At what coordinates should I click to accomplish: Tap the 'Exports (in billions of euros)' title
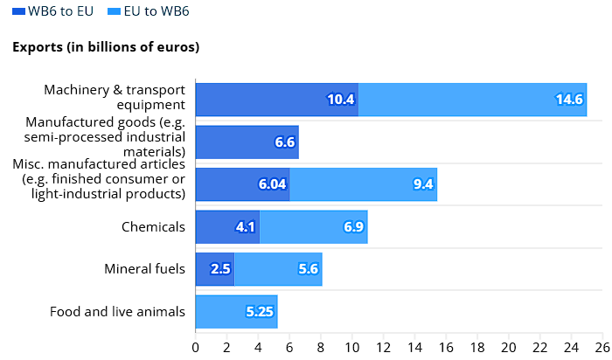[x=106, y=46]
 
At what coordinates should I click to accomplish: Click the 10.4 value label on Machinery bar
[x=341, y=100]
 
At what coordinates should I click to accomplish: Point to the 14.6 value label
[x=568, y=100]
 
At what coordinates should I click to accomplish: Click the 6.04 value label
[x=273, y=184]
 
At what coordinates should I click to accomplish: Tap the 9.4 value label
[x=423, y=184]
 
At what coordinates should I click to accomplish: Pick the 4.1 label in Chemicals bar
[x=246, y=227]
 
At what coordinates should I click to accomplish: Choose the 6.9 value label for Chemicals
[x=354, y=227]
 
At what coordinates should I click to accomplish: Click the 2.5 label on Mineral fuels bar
[x=220, y=269]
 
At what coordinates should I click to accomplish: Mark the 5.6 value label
[x=308, y=269]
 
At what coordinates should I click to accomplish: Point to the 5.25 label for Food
[x=261, y=312]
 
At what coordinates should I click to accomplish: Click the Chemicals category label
[x=153, y=227]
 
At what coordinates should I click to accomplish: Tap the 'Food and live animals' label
[x=117, y=312]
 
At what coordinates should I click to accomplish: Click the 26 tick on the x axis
[x=603, y=347]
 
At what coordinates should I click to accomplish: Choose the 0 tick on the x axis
[x=196, y=347]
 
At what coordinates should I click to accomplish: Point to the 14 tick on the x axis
[x=414, y=347]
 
